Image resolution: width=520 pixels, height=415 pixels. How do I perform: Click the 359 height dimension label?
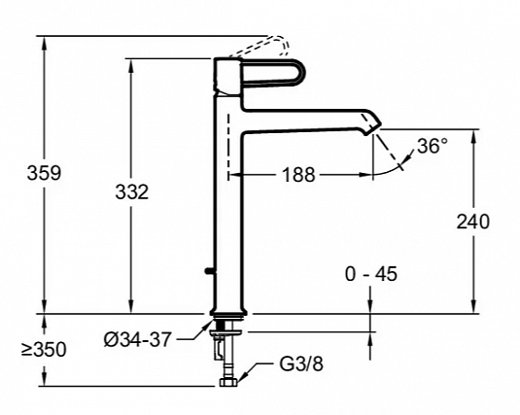tap(44, 173)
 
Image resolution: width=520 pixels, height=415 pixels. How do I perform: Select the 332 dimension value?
tap(131, 192)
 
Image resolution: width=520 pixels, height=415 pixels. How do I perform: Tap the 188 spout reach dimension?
tap(298, 175)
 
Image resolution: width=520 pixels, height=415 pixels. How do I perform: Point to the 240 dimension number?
tap(473, 222)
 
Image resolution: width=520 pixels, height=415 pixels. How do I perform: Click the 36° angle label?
tap(433, 146)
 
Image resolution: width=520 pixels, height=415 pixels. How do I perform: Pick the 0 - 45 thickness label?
tap(371, 274)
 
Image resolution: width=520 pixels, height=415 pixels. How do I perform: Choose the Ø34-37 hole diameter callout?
tap(138, 340)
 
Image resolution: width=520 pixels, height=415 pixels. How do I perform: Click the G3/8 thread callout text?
tap(301, 363)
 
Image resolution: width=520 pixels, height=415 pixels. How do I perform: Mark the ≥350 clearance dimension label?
tap(44, 349)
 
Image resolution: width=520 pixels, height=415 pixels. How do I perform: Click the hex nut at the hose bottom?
tap(228, 382)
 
